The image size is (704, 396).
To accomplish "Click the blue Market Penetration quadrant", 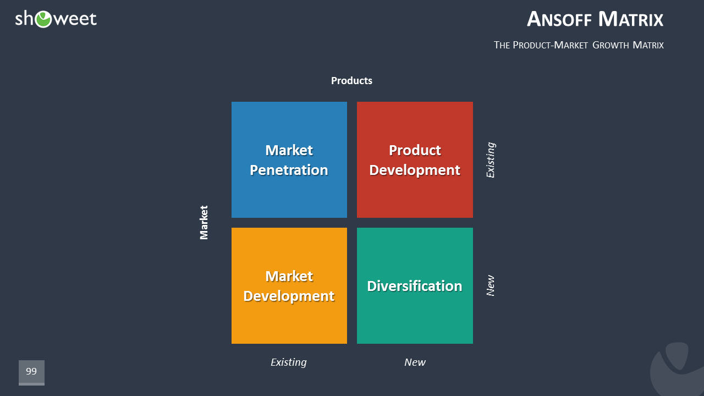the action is point(289,159).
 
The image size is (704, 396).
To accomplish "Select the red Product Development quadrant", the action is point(415,159).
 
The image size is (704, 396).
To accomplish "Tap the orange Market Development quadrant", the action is point(289,285).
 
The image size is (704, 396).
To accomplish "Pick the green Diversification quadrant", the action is point(415,285).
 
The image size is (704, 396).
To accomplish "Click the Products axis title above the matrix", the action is point(351,81).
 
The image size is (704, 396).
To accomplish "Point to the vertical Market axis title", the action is point(204,223).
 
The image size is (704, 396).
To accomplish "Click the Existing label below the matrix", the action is point(289,362).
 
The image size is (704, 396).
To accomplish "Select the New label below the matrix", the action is point(415,362).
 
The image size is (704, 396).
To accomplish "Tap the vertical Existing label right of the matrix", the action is point(491,160).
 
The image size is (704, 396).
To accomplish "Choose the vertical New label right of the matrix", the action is point(491,285).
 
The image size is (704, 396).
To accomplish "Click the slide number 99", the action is point(31,371).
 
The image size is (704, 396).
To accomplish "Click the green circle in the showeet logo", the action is point(43,19).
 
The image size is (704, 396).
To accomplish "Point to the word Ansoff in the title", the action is point(559,19).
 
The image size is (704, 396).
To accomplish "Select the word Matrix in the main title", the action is point(631,19).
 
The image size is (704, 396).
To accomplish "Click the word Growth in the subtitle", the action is point(610,45).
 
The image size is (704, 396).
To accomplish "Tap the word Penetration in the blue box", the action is point(289,170).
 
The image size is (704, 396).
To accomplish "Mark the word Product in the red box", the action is point(415,150).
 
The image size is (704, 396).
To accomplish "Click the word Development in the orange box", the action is point(289,296).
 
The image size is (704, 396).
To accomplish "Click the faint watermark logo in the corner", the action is point(677,369).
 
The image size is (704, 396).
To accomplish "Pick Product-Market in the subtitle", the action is point(550,45).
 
